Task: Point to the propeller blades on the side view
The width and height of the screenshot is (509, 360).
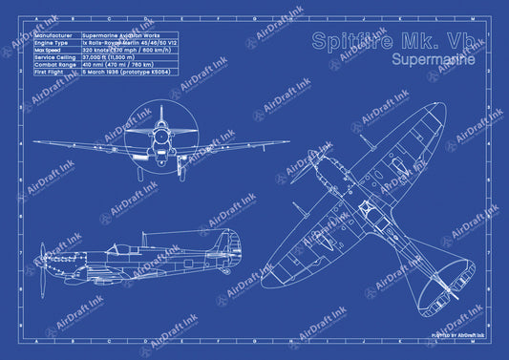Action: point(42,264)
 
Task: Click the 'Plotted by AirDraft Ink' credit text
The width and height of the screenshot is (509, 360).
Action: point(457,336)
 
